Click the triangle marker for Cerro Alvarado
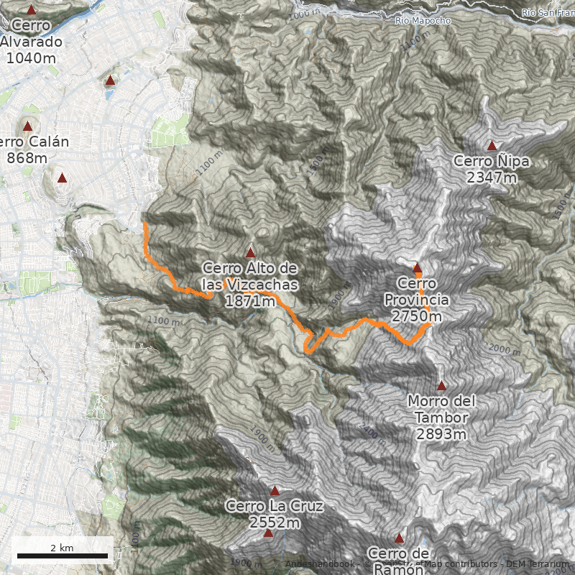31,11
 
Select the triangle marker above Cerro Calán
28,126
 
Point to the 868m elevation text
27,158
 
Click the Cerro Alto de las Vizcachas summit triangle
250,252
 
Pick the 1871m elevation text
249,302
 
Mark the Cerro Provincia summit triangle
417,267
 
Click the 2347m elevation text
492,178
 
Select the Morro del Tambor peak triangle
441,386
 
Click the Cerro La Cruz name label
275,506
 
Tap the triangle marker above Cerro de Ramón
400,538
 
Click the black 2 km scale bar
62,556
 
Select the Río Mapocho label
423,21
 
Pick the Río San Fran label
548,11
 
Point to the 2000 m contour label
503,349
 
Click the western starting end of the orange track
145,224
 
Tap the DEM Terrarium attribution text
537,564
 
